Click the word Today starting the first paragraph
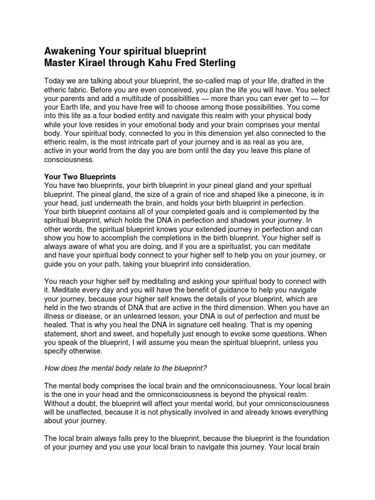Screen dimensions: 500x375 pyautogui.click(x=55, y=81)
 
